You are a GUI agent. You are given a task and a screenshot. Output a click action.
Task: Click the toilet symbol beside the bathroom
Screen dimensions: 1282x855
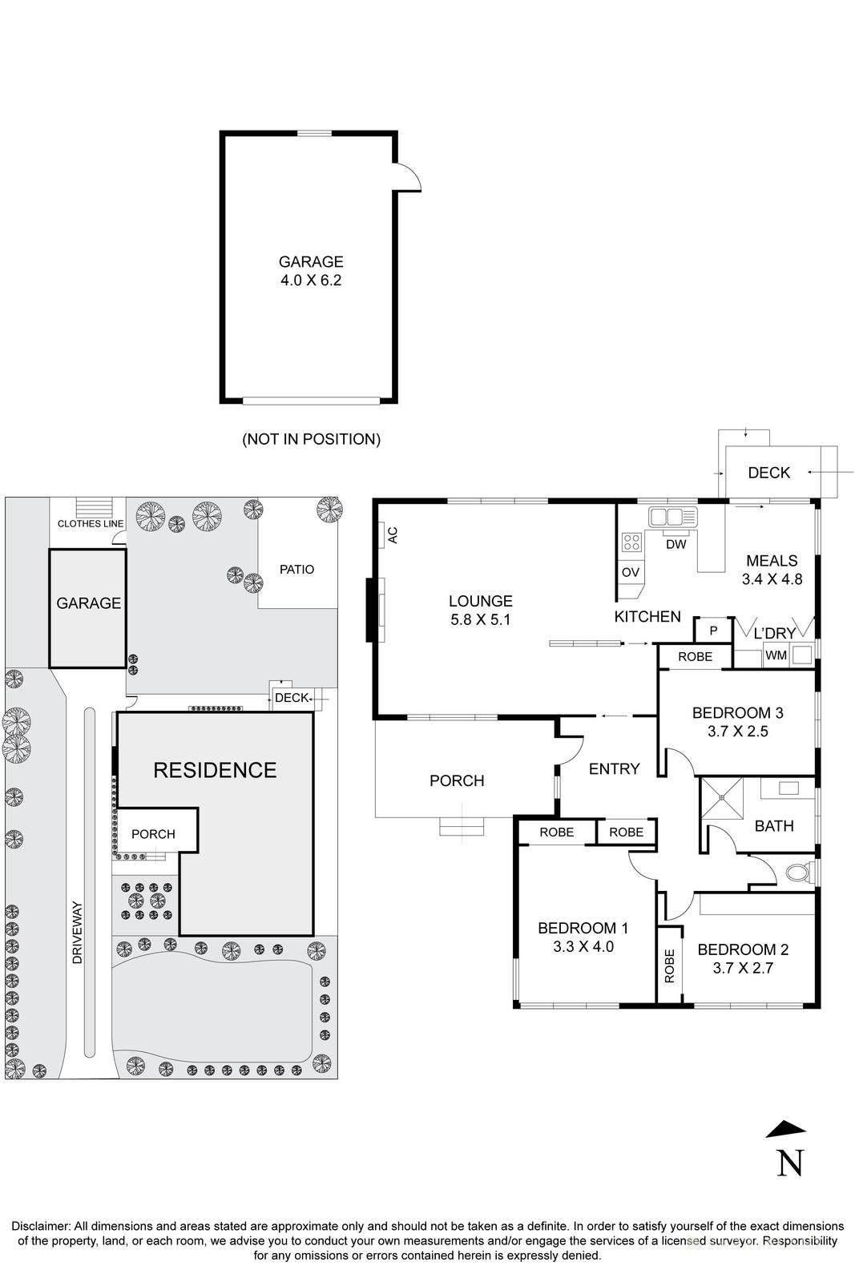pyautogui.click(x=798, y=872)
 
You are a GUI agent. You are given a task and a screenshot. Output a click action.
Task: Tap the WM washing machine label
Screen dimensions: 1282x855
pyautogui.click(x=776, y=655)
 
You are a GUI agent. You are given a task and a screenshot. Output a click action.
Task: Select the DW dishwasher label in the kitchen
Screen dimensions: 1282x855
pyautogui.click(x=676, y=545)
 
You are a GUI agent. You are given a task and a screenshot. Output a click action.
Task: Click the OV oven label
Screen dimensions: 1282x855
pyautogui.click(x=630, y=572)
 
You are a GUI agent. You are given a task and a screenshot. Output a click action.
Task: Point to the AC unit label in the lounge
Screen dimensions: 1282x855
pyautogui.click(x=393, y=535)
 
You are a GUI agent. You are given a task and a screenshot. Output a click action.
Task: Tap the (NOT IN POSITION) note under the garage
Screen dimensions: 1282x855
pyautogui.click(x=311, y=439)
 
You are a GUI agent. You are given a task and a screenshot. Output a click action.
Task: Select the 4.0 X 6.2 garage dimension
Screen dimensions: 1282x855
pyautogui.click(x=311, y=281)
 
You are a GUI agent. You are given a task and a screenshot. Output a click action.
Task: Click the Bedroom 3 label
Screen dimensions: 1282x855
pyautogui.click(x=737, y=712)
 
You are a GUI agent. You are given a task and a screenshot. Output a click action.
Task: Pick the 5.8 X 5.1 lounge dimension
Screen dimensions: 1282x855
pyautogui.click(x=480, y=619)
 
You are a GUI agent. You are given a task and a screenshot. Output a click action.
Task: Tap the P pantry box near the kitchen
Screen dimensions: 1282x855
pyautogui.click(x=712, y=631)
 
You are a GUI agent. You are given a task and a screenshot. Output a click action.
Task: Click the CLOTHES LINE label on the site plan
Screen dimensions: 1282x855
pyautogui.click(x=91, y=523)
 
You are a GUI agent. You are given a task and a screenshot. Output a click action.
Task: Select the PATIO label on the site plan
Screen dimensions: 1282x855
pyautogui.click(x=296, y=570)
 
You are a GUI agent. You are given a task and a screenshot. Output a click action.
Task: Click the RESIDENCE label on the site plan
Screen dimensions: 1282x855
pyautogui.click(x=215, y=770)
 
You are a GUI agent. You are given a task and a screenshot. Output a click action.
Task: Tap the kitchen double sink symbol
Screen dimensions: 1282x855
pyautogui.click(x=672, y=517)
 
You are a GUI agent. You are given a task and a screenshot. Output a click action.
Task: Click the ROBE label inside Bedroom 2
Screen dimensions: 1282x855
pyautogui.click(x=670, y=966)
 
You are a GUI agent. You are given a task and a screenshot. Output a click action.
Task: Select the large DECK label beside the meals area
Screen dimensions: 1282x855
pyautogui.click(x=768, y=473)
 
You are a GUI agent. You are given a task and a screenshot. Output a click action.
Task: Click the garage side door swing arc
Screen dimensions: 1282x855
pyautogui.click(x=409, y=176)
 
